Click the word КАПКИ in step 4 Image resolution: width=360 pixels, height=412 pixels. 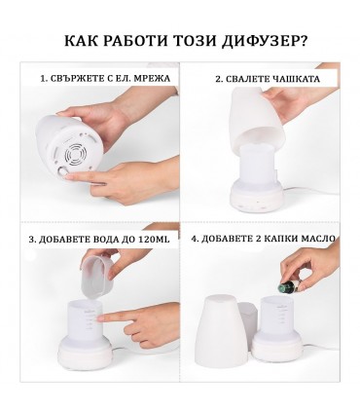pos(270,237)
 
